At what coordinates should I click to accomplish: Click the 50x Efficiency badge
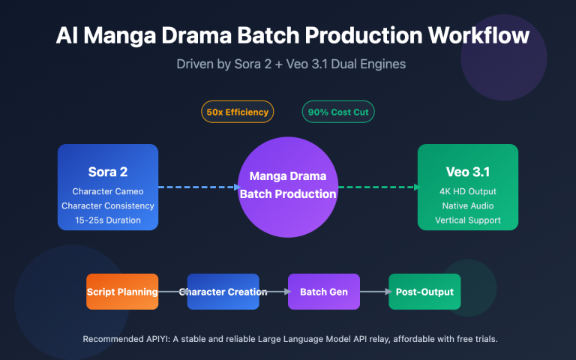coord(237,112)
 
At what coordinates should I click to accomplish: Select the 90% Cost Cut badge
coord(338,112)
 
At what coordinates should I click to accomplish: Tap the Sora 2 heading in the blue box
coord(108,172)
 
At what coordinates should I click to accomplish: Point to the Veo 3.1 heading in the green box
coord(467,172)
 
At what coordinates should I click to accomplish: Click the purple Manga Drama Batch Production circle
coord(287,187)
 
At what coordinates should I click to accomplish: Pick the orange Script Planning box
coord(122,292)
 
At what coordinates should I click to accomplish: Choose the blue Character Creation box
coord(223,292)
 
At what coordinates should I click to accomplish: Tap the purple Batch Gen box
coord(323,292)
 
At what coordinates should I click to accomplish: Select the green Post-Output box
coord(424,292)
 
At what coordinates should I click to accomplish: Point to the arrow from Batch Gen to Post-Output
coord(373,292)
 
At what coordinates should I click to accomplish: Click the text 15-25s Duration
coord(108,220)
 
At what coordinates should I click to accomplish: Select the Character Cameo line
coord(108,190)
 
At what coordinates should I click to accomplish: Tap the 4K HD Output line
coord(467,190)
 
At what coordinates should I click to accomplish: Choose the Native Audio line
coord(467,205)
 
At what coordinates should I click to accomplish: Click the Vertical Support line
coord(467,220)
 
